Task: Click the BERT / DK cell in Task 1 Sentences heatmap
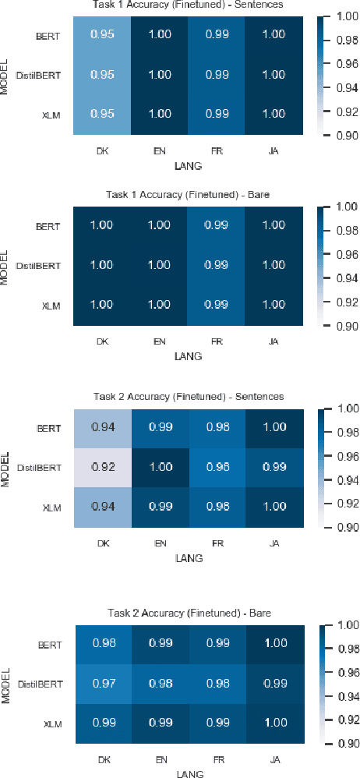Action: pos(101,36)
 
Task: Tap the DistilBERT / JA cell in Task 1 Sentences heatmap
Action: pos(274,76)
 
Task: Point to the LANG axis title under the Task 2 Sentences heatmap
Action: pos(188,558)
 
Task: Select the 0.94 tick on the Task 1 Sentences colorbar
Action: pos(343,88)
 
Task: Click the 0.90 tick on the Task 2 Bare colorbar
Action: pos(343,744)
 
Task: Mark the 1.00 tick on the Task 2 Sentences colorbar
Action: pos(343,408)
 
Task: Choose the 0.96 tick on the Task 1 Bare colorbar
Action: pos(343,254)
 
